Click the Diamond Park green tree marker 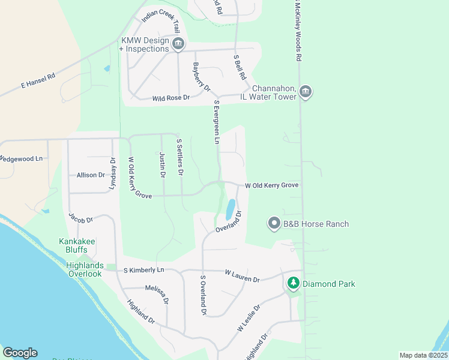tap(293, 282)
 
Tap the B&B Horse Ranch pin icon tap(274, 224)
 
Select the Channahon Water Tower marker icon tap(305, 91)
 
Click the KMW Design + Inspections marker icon tap(178, 44)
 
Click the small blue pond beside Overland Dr tap(230, 210)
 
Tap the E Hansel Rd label tap(38, 81)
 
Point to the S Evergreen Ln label tap(217, 122)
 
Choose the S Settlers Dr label tap(179, 158)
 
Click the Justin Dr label tap(162, 165)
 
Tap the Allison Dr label tap(91, 175)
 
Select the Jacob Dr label tap(81, 219)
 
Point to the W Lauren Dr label tap(242, 276)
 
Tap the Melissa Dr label tap(157, 292)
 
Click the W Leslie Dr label tap(249, 318)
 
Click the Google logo tap(20, 353)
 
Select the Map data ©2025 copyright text tap(423, 355)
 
